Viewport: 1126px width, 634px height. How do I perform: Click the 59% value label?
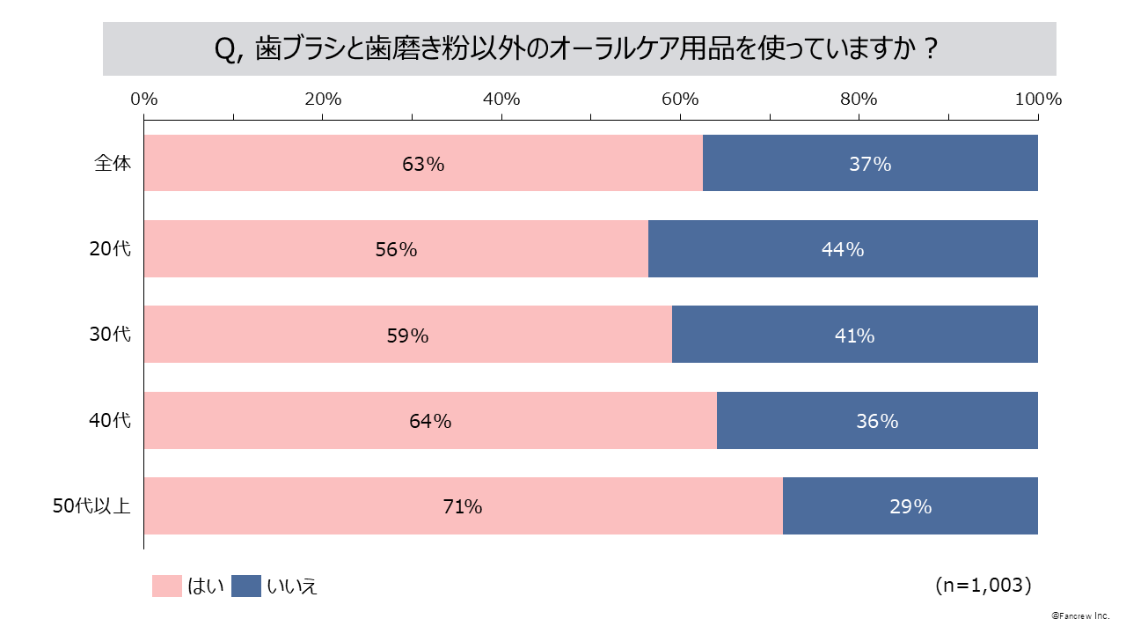click(407, 335)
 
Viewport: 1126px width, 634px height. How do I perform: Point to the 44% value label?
click(843, 249)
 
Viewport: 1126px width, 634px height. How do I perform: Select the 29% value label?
click(910, 506)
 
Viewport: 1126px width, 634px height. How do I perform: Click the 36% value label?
click(877, 421)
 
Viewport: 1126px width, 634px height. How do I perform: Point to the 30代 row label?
click(110, 335)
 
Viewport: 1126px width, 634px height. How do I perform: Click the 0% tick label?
click(143, 99)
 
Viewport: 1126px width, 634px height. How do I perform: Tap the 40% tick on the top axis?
click(501, 99)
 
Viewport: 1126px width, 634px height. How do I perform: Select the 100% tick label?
click(1037, 99)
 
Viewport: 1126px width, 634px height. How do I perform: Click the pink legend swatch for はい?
click(166, 586)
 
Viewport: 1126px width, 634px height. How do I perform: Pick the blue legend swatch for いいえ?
click(246, 586)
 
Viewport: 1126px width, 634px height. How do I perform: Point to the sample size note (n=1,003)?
click(983, 585)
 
